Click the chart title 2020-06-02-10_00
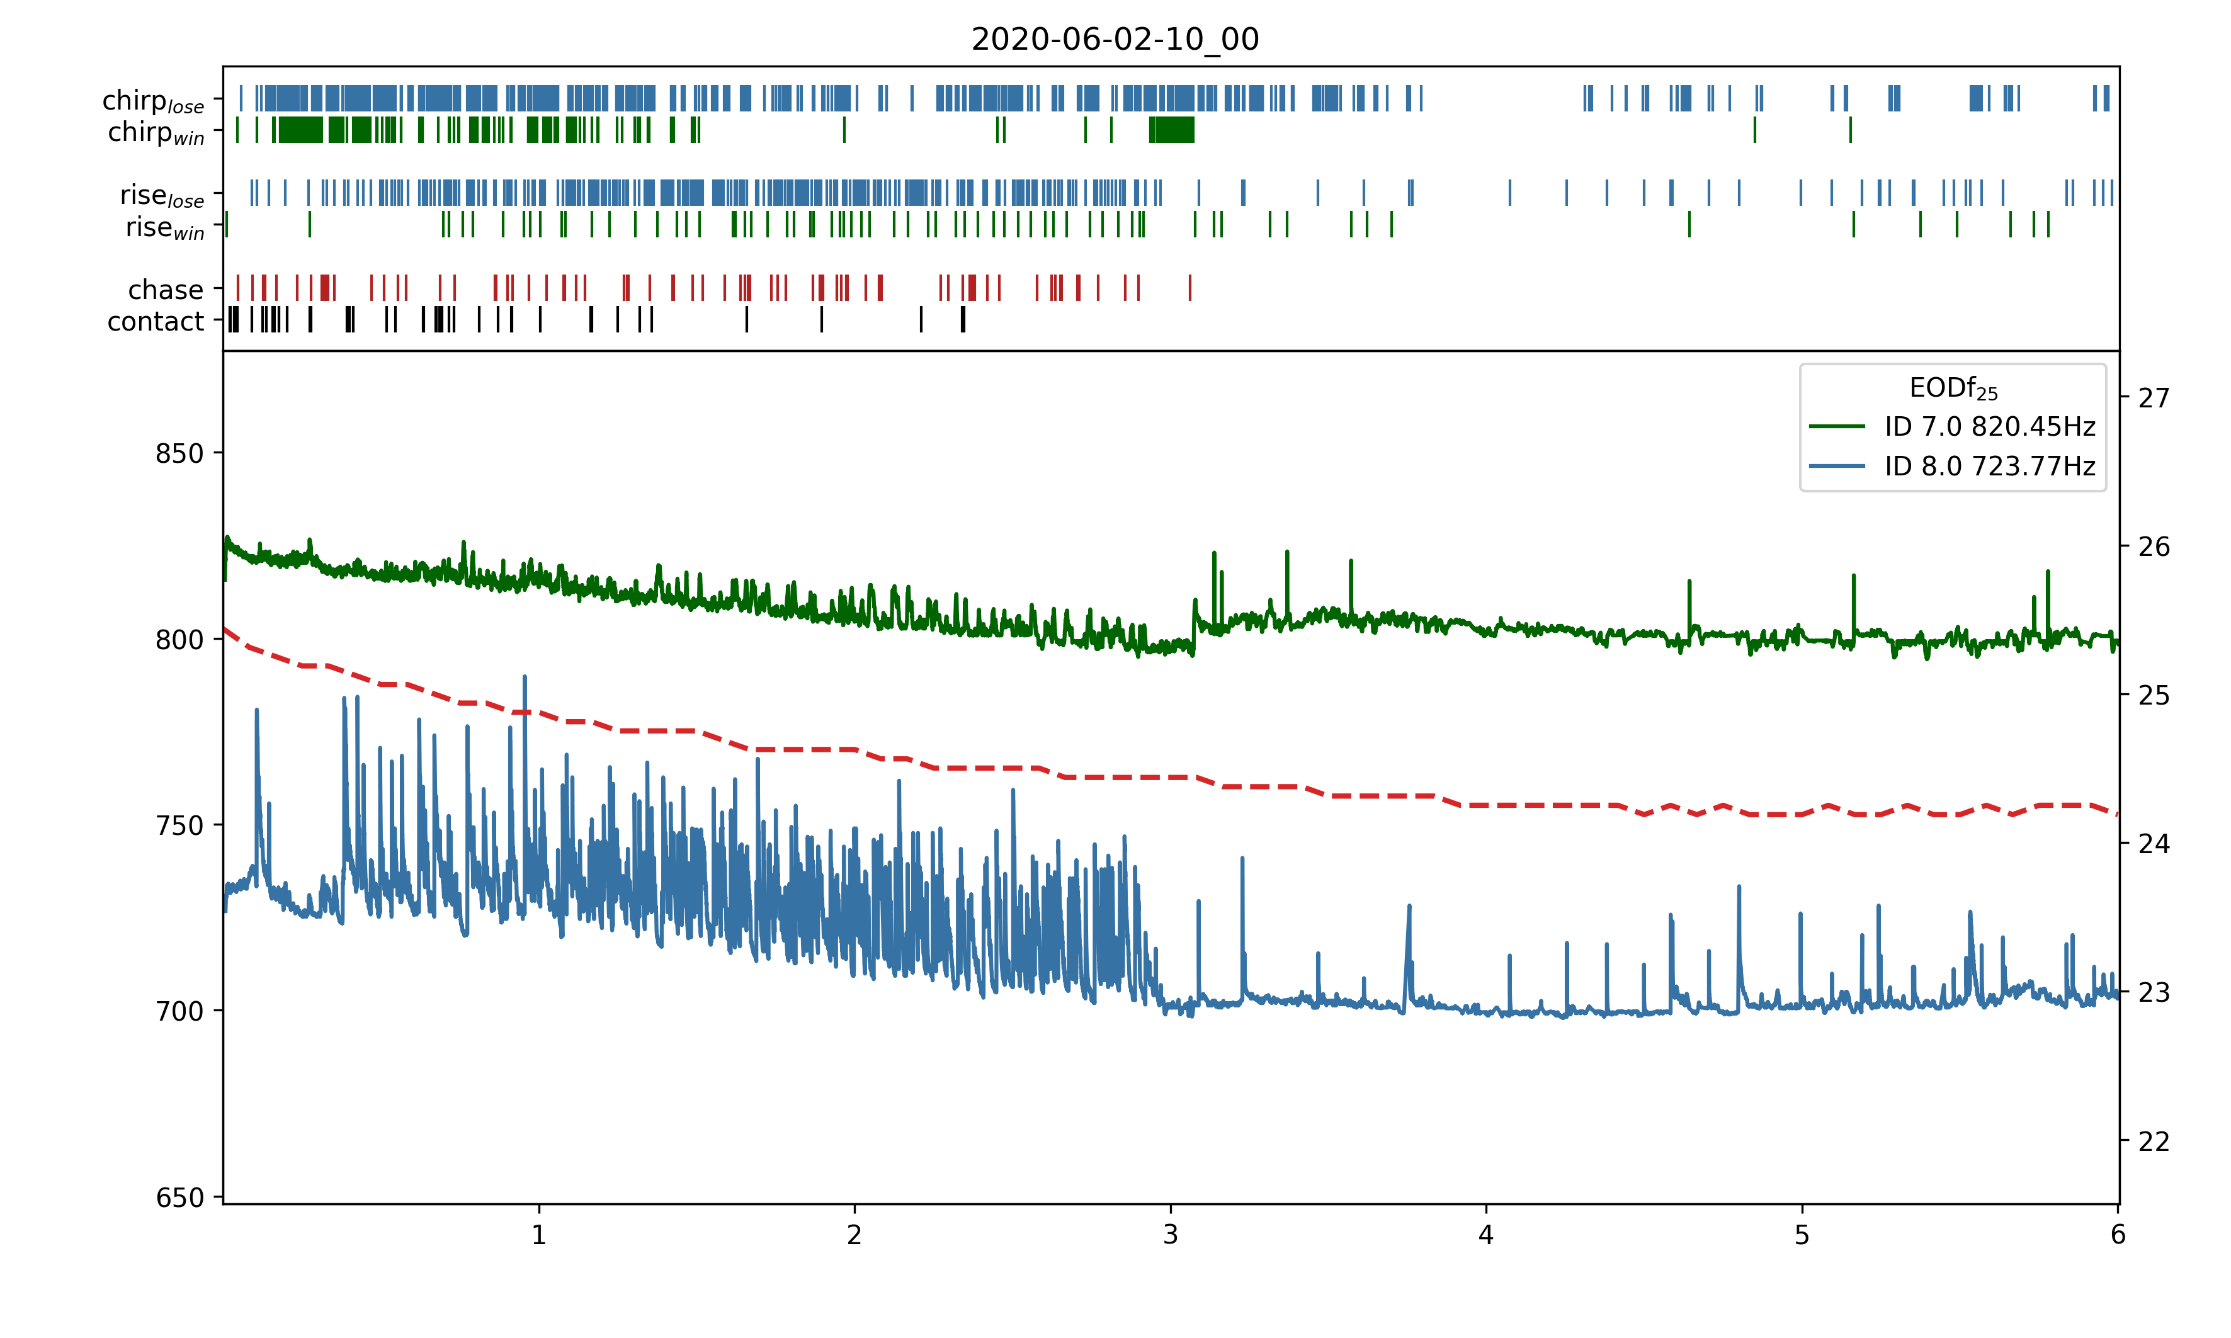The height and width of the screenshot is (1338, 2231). click(x=1115, y=39)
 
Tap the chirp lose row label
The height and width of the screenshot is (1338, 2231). click(x=153, y=101)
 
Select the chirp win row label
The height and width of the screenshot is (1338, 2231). click(x=156, y=132)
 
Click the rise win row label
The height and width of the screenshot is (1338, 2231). click(x=165, y=227)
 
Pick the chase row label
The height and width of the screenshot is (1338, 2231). click(x=166, y=290)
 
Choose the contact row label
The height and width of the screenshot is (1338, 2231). click(x=156, y=321)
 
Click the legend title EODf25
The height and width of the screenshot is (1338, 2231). click(x=1953, y=388)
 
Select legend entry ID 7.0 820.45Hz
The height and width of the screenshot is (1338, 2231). click(x=1989, y=426)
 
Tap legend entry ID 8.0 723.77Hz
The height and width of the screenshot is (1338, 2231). click(x=1989, y=466)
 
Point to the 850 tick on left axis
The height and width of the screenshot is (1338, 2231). click(x=179, y=453)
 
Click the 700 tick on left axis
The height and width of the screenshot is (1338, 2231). click(x=179, y=1012)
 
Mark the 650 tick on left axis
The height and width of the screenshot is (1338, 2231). click(x=179, y=1198)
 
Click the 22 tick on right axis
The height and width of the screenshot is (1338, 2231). click(x=2154, y=1142)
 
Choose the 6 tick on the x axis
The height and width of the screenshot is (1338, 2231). click(x=2118, y=1234)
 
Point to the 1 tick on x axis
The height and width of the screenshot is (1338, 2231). click(x=539, y=1234)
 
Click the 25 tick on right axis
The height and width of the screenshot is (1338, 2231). click(x=2154, y=696)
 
